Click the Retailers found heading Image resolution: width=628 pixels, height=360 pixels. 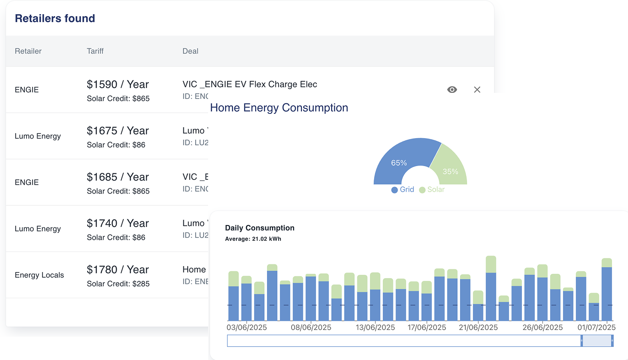[55, 19]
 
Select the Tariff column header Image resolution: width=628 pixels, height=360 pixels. [95, 51]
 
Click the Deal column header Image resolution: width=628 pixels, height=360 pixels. [190, 51]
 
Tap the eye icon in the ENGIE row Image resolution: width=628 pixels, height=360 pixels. [452, 90]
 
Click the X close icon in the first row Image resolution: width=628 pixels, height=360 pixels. [477, 90]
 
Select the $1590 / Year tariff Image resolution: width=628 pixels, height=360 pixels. [118, 85]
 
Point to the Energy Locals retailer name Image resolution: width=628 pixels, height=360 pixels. [39, 275]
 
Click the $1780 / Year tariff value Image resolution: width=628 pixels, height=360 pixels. [118, 270]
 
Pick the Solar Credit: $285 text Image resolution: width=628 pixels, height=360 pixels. [118, 284]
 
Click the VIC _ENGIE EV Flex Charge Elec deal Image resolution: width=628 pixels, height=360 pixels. [250, 85]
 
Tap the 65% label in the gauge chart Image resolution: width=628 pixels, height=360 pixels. [399, 163]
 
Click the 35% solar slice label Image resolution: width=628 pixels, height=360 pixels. [450, 172]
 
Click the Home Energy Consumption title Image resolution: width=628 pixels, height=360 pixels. [279, 108]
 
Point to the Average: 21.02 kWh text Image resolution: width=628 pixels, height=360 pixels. [253, 239]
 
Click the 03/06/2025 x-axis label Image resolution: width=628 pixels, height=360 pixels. [247, 328]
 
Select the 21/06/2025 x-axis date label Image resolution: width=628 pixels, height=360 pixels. [478, 328]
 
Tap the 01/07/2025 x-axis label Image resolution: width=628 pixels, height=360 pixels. [596, 328]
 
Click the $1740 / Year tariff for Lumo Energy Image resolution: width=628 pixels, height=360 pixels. [118, 224]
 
